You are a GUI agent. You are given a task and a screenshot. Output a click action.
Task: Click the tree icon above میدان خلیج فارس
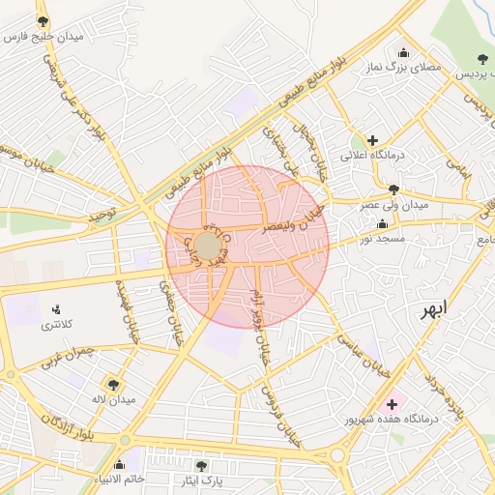[x=43, y=20]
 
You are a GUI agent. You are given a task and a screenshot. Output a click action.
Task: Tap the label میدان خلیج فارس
[x=44, y=37]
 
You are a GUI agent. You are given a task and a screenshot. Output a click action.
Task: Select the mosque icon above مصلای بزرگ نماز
[x=403, y=52]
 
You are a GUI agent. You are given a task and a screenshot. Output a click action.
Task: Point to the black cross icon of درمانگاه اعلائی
[x=372, y=140]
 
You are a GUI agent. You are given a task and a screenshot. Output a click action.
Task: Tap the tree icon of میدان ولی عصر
[x=393, y=189]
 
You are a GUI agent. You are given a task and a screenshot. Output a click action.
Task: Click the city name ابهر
[x=434, y=310]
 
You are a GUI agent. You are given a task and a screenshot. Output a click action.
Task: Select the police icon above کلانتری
[x=55, y=309]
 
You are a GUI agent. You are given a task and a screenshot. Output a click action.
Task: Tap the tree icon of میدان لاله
[x=112, y=384]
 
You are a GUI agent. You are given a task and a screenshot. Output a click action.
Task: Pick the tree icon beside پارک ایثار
[x=201, y=466]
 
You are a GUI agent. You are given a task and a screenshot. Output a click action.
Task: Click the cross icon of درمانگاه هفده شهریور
[x=392, y=404]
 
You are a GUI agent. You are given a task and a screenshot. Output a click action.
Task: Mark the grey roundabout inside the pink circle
[x=207, y=246]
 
